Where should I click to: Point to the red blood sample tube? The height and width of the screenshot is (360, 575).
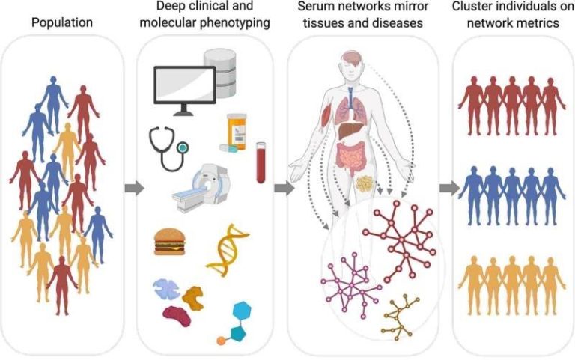pos(261,163)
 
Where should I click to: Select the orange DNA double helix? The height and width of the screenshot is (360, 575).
pos(227,251)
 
